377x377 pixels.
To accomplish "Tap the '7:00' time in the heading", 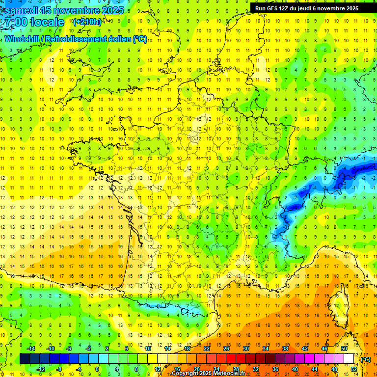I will coord(15,22).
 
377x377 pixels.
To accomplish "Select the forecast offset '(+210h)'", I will coord(87,22).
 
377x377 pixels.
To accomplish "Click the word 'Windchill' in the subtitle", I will coord(23,39).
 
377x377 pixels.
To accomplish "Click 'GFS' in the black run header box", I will coord(273,8).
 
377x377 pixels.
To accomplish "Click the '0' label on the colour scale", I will coord(97,369).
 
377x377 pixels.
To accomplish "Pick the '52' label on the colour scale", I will coord(354,369).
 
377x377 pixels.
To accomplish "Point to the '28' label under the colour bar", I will coord(236,369).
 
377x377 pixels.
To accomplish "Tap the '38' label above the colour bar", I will coord(285,349).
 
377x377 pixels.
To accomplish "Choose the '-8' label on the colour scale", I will coord(59,369).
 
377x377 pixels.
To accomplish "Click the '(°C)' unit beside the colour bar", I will coord(365,359).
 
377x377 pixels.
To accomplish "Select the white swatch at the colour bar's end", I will coord(349,359).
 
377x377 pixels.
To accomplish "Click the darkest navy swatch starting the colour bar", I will coord(25,359).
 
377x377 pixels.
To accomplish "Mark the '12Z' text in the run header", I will coord(286,8).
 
